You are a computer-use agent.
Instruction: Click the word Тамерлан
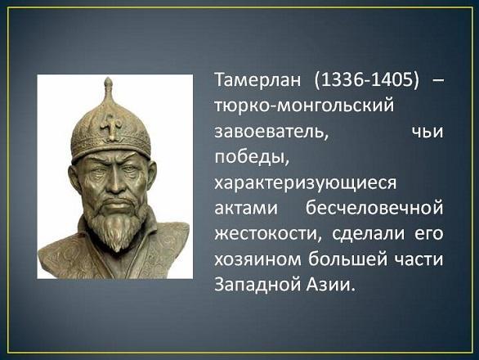[x=257, y=83]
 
